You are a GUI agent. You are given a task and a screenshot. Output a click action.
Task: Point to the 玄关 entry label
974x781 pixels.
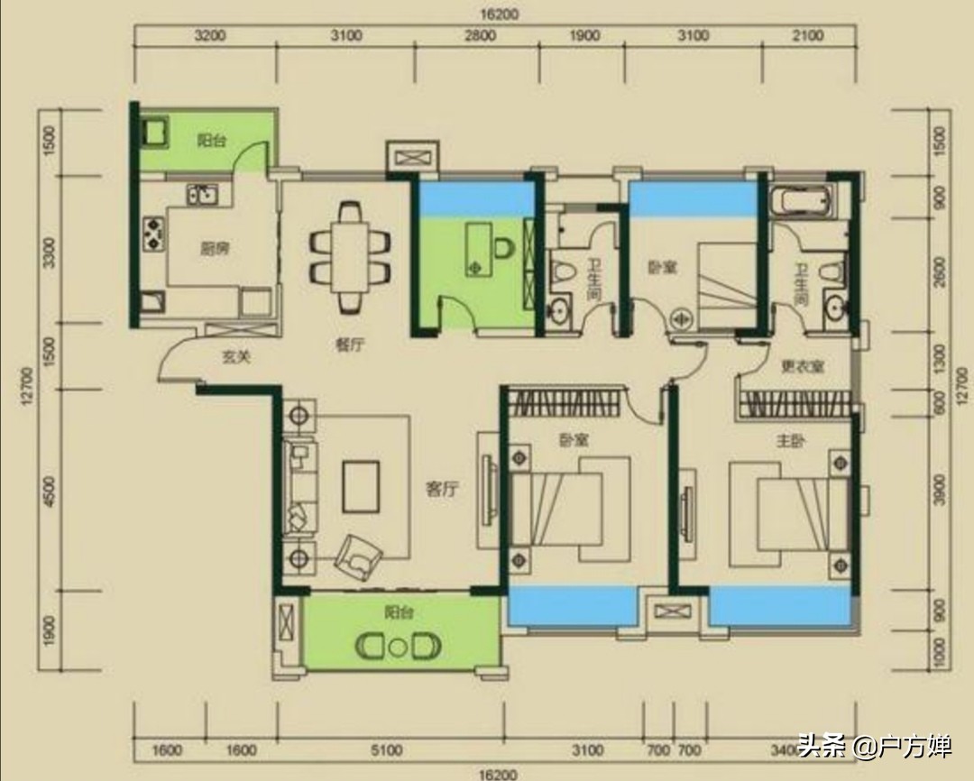pos(235,357)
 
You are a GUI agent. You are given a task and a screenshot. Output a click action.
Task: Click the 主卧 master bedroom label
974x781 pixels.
pos(791,441)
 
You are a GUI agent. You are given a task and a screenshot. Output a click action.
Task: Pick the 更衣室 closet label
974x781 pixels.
pos(802,367)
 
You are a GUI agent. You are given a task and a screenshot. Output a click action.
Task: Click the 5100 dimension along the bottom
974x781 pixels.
pos(388,750)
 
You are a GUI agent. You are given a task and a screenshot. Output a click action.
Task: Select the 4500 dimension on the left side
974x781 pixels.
pos(51,492)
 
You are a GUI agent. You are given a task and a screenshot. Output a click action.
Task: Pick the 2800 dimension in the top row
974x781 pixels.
pos(480,36)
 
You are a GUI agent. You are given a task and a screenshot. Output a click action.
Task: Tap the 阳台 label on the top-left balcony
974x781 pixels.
pos(211,140)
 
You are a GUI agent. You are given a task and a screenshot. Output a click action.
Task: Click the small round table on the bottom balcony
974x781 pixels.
pos(398,647)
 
